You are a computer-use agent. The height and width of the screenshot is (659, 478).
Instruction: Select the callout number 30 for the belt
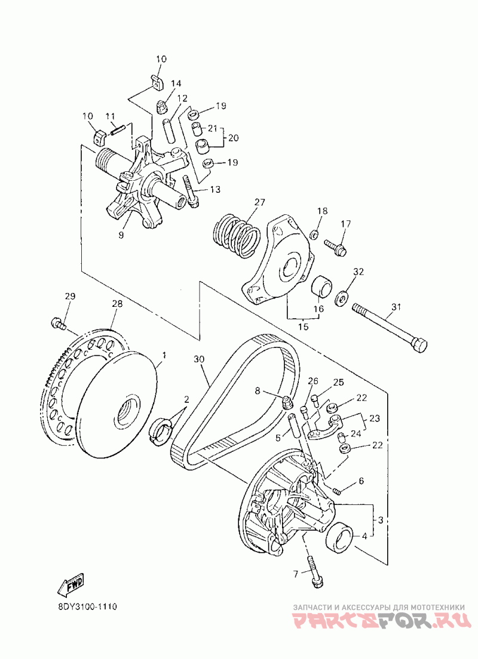tap(200, 360)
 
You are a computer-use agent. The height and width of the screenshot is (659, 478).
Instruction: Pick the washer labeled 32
tap(342, 296)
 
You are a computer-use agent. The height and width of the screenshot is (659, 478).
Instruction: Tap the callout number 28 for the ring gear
tap(117, 304)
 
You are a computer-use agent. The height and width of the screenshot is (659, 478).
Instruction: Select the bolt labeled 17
tap(335, 246)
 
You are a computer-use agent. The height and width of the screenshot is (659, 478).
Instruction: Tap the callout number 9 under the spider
tap(121, 235)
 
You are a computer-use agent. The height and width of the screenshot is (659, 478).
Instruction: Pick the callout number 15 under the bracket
tap(303, 327)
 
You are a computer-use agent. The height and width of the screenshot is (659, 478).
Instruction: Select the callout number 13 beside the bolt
tap(214, 189)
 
